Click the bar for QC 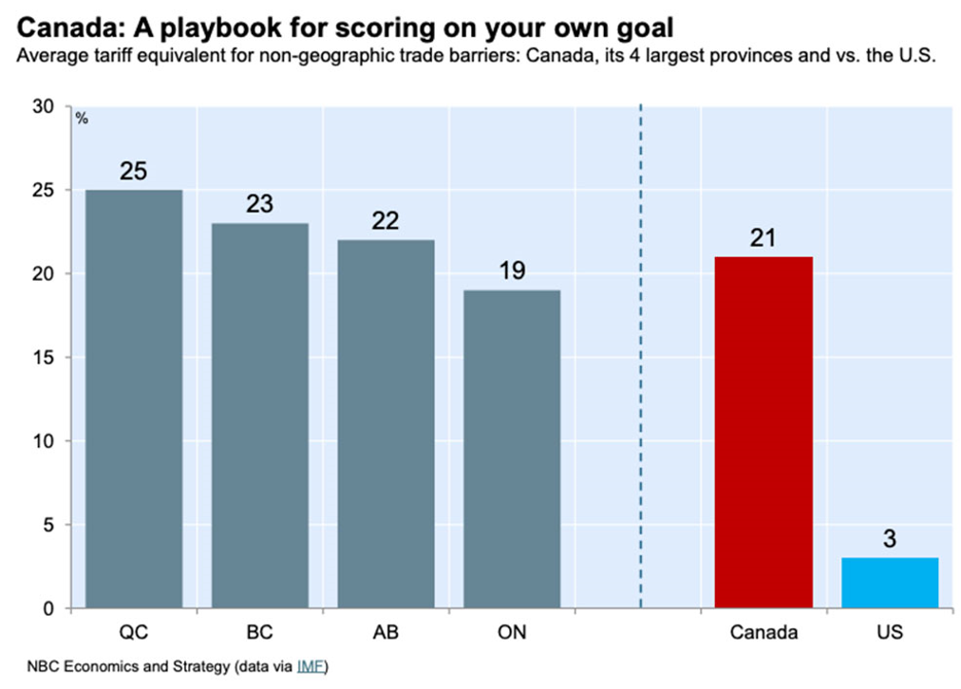134,399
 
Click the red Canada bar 763,432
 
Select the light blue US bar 890,583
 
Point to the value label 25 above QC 134,172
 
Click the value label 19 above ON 512,272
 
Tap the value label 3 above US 890,540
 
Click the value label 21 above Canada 763,238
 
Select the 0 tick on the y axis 51,608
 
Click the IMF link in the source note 309,666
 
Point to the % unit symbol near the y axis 82,119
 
